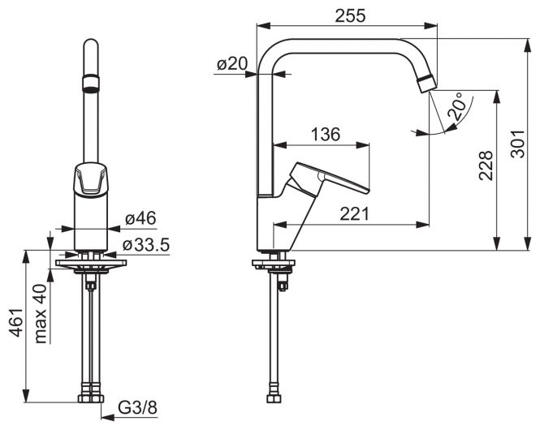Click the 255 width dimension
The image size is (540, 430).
pos(350,16)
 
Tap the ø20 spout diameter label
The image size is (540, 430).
pos(232,63)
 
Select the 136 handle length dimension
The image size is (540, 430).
pos(325,134)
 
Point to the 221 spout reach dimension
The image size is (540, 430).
pos(354,213)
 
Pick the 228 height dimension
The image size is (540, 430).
pos(486,166)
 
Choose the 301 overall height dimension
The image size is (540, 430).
pos(517,144)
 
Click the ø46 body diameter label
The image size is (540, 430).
pos(140,218)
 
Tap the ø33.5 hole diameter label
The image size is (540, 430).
pos(146,245)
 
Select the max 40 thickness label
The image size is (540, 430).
pos(41,314)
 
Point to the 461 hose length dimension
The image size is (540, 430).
pos(16,322)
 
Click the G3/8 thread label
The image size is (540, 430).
pos(137,408)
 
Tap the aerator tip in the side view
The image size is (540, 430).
pos(426,84)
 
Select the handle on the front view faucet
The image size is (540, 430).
pos(91,178)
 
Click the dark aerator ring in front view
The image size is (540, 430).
pos(91,84)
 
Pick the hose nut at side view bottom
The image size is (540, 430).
pos(274,398)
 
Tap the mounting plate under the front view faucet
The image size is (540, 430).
pos(91,263)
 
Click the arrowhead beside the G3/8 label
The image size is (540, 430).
pos(108,417)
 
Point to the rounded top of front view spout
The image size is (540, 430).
pos(91,43)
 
